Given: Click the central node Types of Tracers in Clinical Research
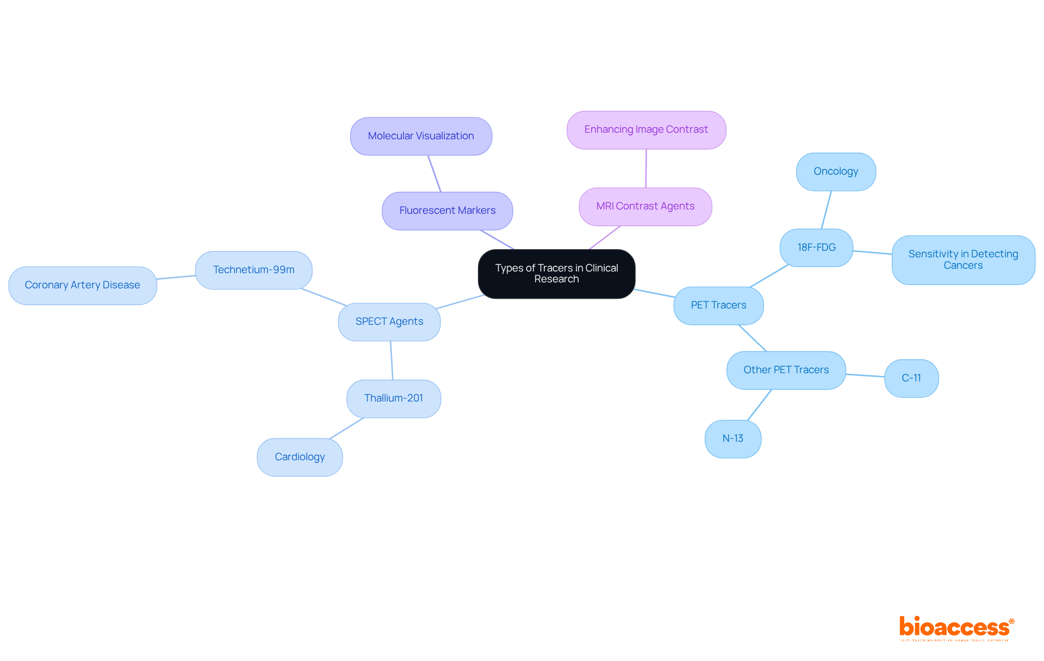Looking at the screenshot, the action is (556, 274).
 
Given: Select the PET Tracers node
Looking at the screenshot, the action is (718, 305).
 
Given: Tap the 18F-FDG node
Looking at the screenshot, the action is (816, 248).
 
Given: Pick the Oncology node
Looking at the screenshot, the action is (836, 171).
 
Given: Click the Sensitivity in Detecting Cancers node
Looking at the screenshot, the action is (963, 260).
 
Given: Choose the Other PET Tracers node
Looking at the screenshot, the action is (786, 370).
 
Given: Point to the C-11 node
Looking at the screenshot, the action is (911, 378).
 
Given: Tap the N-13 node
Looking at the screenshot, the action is (732, 438).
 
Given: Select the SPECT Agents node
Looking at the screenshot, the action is (389, 322).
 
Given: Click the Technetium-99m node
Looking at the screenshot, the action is (253, 270).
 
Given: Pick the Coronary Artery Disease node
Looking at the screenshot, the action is (83, 285).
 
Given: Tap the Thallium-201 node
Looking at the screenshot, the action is (394, 398).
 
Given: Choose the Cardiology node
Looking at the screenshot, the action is (300, 457).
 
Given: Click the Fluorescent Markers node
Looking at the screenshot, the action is (447, 211).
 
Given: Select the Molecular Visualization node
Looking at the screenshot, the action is (421, 136).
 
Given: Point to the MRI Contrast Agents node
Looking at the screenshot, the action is (645, 206).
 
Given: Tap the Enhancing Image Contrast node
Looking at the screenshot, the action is (646, 129).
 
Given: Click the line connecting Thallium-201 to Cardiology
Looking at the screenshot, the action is (347, 428).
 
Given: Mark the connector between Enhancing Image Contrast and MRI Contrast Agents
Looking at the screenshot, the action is (646, 169).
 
